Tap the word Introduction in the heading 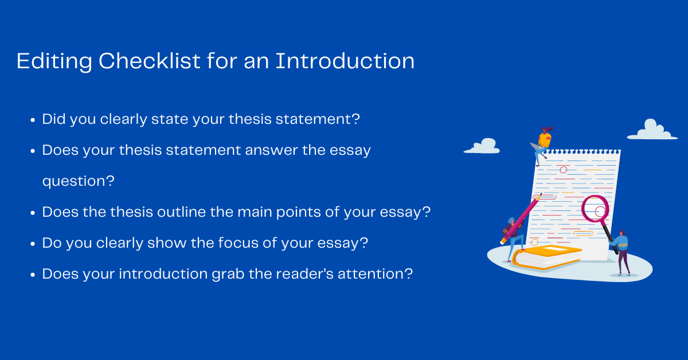pos(345,61)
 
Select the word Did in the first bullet pos(54,119)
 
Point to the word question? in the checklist pos(78,181)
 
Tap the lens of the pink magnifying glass pos(595,209)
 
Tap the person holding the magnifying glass pos(623,252)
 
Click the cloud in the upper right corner pos(652,130)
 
